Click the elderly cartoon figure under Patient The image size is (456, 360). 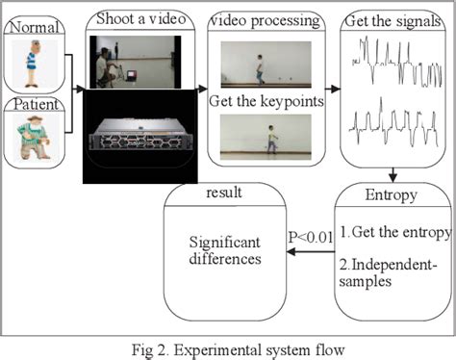pyautogui.click(x=36, y=138)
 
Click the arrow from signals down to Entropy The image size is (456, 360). pyautogui.click(x=393, y=174)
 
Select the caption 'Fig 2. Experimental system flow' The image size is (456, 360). pyautogui.click(x=228, y=348)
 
